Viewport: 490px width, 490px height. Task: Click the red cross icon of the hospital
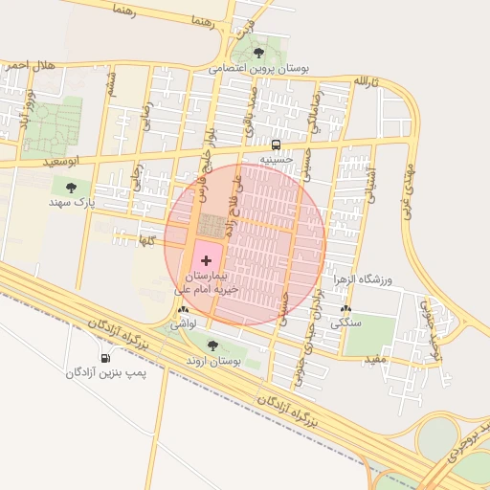[x=207, y=260]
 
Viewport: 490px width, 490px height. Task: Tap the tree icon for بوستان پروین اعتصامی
[x=258, y=53]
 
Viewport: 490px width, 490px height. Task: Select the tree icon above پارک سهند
[x=71, y=188]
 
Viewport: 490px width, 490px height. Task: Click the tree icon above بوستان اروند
[x=212, y=345]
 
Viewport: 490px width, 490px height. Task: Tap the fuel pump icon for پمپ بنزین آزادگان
[x=105, y=357]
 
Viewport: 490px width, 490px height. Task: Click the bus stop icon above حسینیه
[x=277, y=145]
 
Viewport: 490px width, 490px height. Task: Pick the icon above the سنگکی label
[x=345, y=309]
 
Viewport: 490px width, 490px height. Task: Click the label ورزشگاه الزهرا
[x=363, y=279]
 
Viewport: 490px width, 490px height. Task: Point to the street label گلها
[x=146, y=238]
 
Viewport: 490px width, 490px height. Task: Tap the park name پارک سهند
[x=74, y=203]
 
